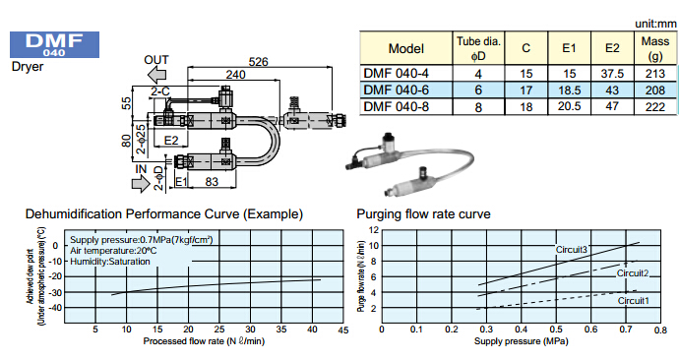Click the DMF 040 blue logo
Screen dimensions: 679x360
pos(54,44)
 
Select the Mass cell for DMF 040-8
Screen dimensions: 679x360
pos(654,107)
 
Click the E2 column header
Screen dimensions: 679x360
pos(612,48)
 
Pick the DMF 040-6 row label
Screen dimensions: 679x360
pos(397,90)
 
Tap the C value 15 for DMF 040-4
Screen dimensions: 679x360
pos(526,74)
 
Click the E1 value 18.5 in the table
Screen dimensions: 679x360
pos(569,90)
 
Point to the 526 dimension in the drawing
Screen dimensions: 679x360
pos(258,62)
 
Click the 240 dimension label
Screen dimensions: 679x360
pos(235,75)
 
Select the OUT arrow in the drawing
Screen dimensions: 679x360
pos(156,76)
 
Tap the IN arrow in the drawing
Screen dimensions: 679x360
pos(141,184)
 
